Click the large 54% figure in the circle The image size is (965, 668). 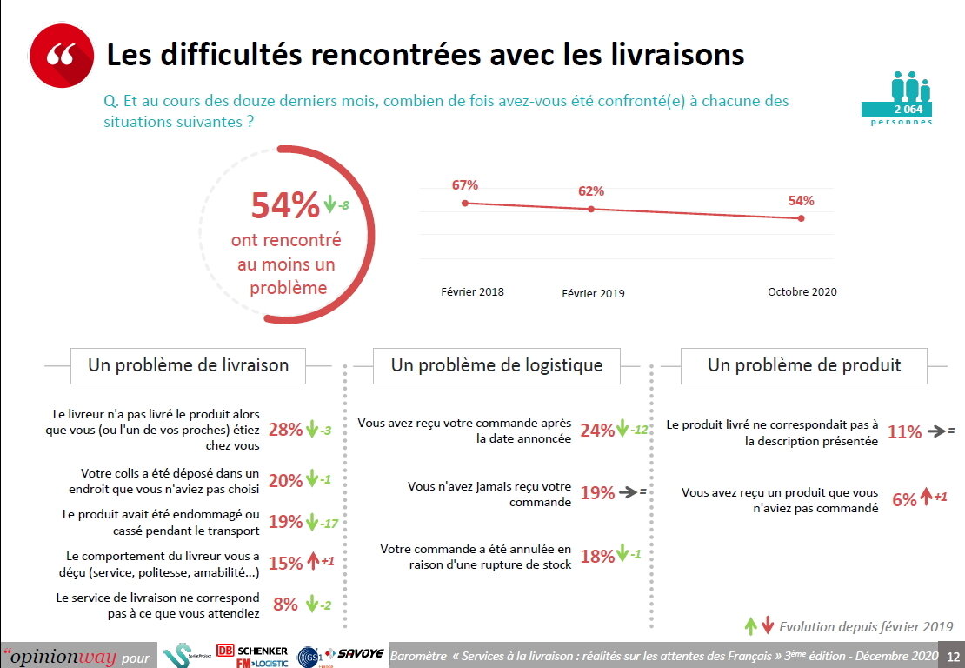click(285, 206)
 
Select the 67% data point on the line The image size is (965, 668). click(465, 203)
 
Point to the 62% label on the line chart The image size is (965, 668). click(591, 191)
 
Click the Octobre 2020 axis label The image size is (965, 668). click(802, 292)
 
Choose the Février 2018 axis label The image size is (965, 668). click(472, 292)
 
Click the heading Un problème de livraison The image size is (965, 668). click(188, 365)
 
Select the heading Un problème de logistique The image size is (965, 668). click(496, 365)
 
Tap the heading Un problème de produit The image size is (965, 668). click(804, 365)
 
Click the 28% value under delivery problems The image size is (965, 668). click(285, 430)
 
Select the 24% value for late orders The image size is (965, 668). click(596, 430)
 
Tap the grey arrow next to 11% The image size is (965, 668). click(936, 431)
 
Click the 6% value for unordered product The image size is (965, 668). click(904, 499)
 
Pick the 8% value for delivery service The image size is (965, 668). click(285, 604)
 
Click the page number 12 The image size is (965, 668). click(953, 656)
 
